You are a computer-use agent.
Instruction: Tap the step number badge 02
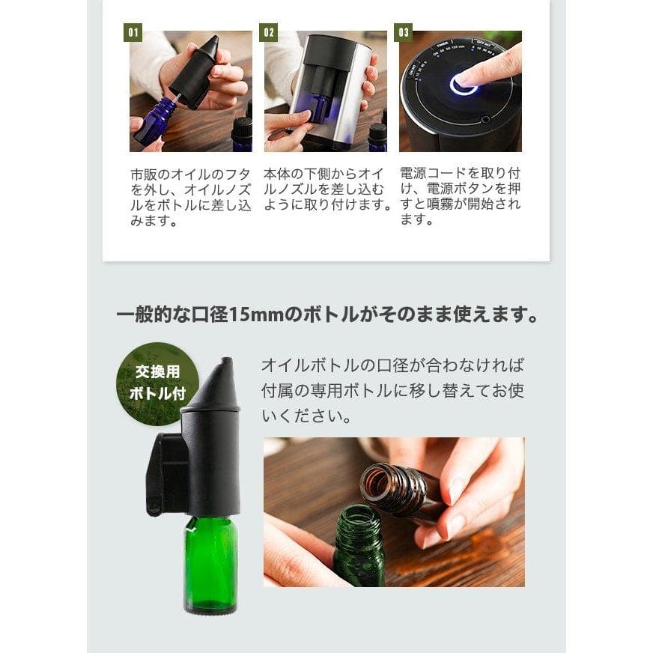[268, 32]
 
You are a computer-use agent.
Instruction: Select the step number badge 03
[404, 32]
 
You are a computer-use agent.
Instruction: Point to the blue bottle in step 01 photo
[155, 122]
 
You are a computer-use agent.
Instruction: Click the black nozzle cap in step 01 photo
[192, 72]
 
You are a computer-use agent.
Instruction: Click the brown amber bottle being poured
[398, 490]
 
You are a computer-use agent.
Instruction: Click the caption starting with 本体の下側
[327, 189]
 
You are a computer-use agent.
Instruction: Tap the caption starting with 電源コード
[460, 196]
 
